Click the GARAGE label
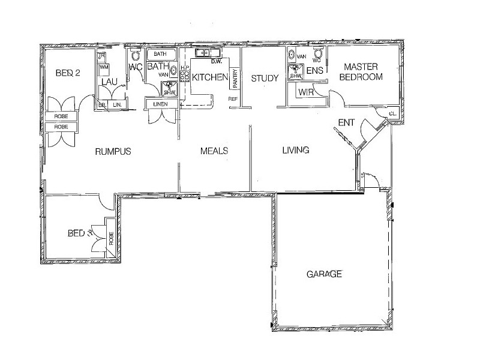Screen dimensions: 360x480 pyautogui.click(x=324, y=274)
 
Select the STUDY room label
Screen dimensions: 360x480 pyautogui.click(x=263, y=78)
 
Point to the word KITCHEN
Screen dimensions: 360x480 pyautogui.click(x=209, y=77)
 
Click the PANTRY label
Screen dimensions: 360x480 pyautogui.click(x=235, y=77)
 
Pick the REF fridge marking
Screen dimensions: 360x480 pyautogui.click(x=233, y=99)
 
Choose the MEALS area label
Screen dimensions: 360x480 pyautogui.click(x=214, y=151)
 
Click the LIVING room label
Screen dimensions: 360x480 pyautogui.click(x=295, y=150)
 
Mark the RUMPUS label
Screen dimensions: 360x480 pyautogui.click(x=113, y=151)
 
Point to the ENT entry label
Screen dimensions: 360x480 pyautogui.click(x=346, y=123)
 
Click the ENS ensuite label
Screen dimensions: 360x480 pyautogui.click(x=315, y=71)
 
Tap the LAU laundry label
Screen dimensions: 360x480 pyautogui.click(x=109, y=82)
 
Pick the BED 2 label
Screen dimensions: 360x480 pyautogui.click(x=67, y=73)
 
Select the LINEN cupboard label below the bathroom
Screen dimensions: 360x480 pyautogui.click(x=161, y=104)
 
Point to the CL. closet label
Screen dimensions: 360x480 pyautogui.click(x=392, y=113)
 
